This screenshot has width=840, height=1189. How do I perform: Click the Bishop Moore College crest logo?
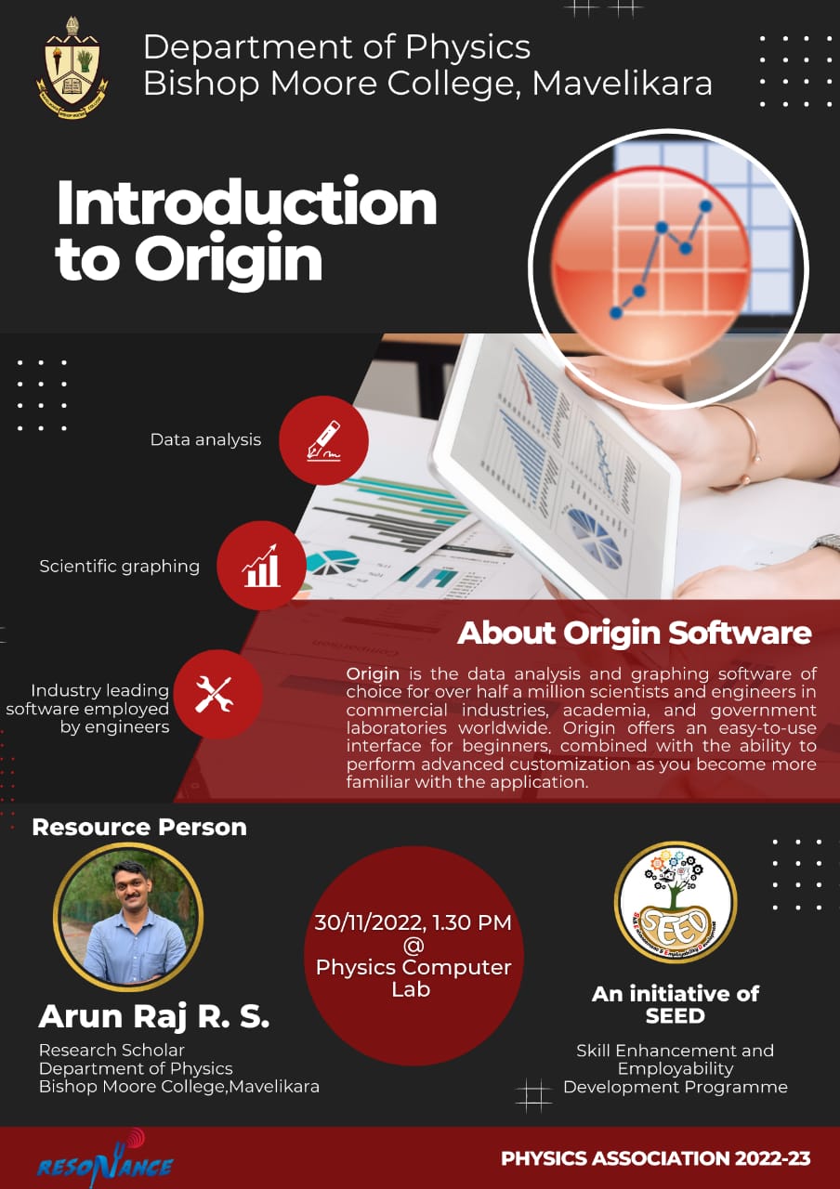[x=72, y=68]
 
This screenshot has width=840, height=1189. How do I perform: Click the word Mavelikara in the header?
[x=622, y=84]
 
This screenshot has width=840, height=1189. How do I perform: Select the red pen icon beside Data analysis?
[x=324, y=440]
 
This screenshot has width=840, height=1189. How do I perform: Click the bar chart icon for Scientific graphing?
[x=262, y=566]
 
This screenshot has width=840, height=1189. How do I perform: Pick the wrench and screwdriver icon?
[x=218, y=694]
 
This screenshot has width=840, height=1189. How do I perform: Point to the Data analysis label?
[x=205, y=439]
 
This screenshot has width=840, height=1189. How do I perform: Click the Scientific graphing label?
[x=120, y=567]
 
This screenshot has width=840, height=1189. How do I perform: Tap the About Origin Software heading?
[x=635, y=633]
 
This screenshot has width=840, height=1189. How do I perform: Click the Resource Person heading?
[x=139, y=827]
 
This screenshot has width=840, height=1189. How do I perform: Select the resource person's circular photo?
[x=128, y=917]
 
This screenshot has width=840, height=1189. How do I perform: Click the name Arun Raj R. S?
[x=154, y=1016]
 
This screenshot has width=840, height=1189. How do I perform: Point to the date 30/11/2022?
[x=369, y=922]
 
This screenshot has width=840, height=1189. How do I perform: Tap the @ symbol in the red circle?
[x=413, y=946]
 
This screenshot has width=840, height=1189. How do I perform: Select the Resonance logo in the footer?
[x=105, y=1160]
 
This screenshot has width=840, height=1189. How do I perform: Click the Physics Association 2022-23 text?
[x=656, y=1158]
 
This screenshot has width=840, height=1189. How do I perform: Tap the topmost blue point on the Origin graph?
[x=705, y=205]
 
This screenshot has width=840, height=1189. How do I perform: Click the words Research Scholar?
[x=112, y=1050]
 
